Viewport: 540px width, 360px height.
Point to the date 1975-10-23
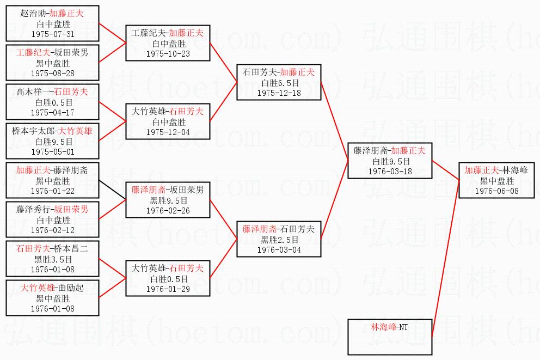click(168, 54)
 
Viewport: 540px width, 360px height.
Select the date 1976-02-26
click(168, 210)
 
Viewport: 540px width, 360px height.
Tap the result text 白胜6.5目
click(279, 83)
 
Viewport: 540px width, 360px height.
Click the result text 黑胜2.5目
click(279, 240)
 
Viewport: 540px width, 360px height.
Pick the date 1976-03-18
click(389, 172)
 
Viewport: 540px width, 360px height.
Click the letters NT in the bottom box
click(403, 327)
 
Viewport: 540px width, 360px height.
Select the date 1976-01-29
click(168, 289)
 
